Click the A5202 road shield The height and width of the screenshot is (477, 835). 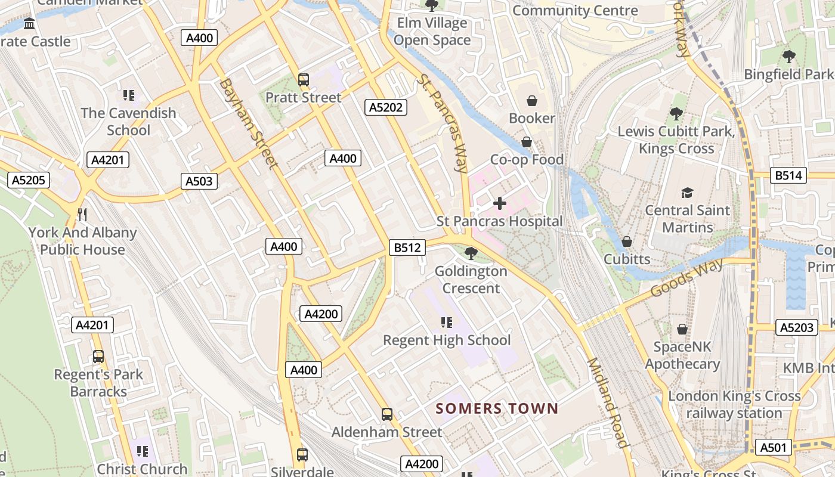386,107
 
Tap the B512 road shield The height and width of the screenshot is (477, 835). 407,247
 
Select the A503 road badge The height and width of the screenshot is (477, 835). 199,181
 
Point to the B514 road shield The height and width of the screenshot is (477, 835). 790,175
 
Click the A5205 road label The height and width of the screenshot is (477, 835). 29,180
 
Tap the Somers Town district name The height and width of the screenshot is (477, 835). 497,408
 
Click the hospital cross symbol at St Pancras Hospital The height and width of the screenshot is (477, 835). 500,204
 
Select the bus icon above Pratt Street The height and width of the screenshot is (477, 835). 304,80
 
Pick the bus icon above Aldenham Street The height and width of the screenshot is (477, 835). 387,414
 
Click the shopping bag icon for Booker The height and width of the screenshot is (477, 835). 532,101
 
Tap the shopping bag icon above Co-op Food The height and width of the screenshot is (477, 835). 527,142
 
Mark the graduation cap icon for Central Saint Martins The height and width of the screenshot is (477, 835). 688,193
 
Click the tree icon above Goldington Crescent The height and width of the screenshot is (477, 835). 471,253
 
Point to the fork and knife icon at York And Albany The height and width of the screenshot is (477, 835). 82,215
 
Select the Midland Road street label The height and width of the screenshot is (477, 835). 608,402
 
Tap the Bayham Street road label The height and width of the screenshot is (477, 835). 248,123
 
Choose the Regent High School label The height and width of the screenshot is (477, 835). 447,340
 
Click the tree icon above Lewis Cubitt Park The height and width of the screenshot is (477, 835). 676,113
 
